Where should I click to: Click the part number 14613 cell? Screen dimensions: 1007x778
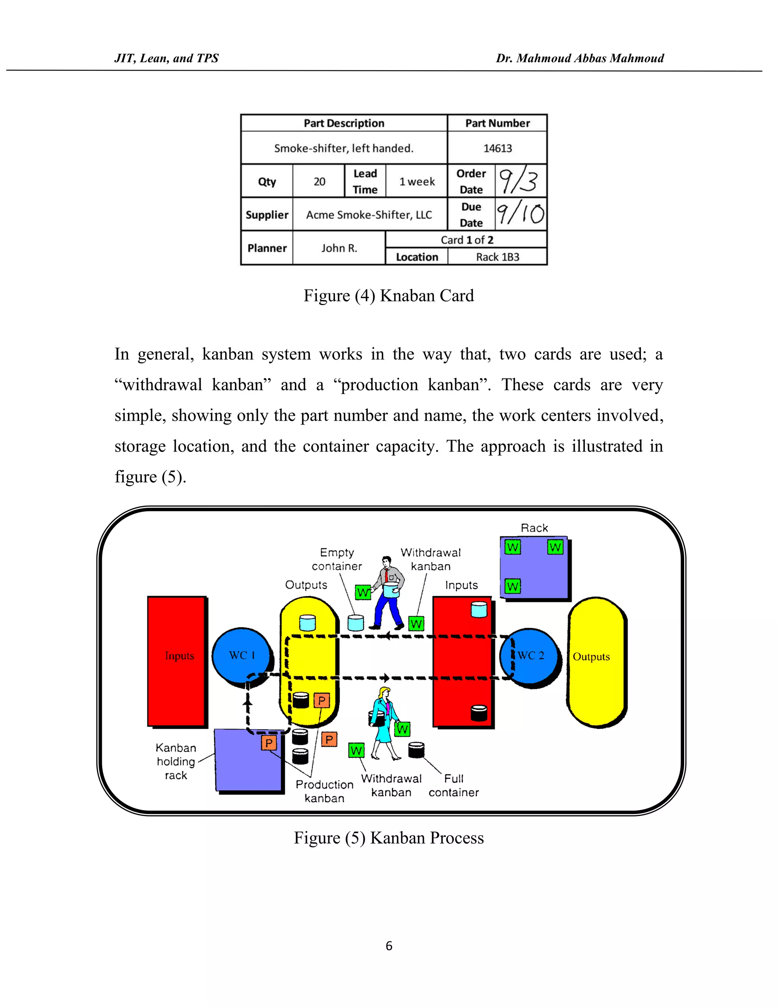coord(497,148)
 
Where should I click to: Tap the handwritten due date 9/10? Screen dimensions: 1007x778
coord(520,214)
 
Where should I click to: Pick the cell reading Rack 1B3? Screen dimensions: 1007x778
coord(497,257)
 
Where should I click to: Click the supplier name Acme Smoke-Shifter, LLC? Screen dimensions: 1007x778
coord(369,215)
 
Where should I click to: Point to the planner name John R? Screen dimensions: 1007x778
coord(339,248)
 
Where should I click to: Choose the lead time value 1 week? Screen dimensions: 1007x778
coord(417,182)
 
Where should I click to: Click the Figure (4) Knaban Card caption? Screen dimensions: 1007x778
coord(389,296)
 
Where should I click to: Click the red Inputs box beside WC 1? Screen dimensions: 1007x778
coord(177,660)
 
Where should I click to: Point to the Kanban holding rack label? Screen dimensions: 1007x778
coord(176,761)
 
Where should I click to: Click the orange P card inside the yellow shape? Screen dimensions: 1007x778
coord(322,700)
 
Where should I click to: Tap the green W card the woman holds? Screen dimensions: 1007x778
coord(402,729)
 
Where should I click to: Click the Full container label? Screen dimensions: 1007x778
coord(454,785)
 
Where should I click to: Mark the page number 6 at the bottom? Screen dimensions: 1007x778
coord(389,946)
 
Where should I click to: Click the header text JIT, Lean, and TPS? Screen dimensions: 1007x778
coord(166,58)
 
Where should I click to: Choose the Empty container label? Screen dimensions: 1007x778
coord(337,559)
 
